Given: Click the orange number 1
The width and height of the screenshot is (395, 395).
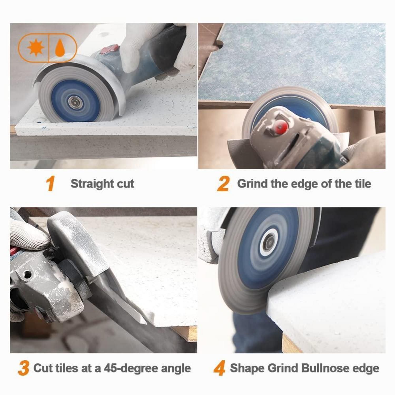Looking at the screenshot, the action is pyautogui.click(x=50, y=184).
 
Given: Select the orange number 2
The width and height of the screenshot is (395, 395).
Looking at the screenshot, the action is pyautogui.click(x=223, y=184).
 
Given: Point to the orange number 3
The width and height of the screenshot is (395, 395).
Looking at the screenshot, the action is pyautogui.click(x=23, y=368).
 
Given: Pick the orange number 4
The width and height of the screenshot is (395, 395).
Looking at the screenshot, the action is pyautogui.click(x=219, y=368).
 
